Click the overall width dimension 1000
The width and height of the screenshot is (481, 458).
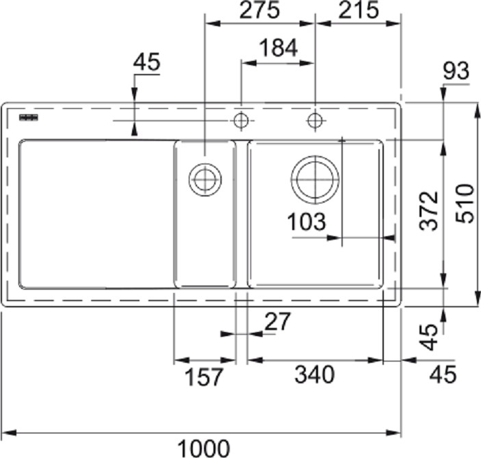pyautogui.click(x=204, y=448)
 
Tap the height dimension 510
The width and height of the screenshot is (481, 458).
pyautogui.click(x=465, y=203)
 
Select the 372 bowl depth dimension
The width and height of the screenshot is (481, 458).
pyautogui.click(x=429, y=211)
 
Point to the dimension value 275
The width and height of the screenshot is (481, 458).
pyautogui.click(x=259, y=10)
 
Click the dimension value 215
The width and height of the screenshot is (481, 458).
pyautogui.click(x=359, y=10)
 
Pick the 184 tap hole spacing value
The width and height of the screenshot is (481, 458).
pyautogui.click(x=278, y=48)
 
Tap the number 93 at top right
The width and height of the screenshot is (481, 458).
pyautogui.click(x=456, y=71)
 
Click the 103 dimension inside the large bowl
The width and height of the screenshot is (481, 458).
pyautogui.click(x=307, y=222)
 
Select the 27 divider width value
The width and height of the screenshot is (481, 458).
pyautogui.click(x=277, y=321)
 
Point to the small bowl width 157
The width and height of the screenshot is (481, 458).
pyautogui.click(x=204, y=377)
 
